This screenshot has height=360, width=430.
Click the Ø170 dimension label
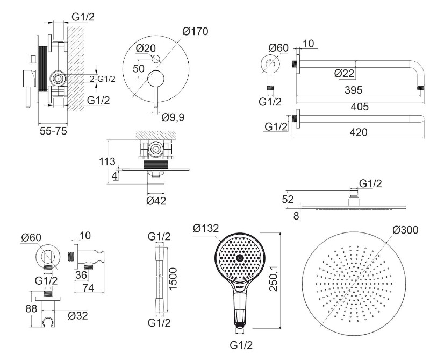point(195,31)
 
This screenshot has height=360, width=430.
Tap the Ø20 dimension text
point(146,48)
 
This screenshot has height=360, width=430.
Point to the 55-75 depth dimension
point(53,131)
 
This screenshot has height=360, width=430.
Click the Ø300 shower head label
point(405,230)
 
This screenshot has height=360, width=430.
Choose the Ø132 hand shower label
point(206,229)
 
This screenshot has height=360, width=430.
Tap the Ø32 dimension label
point(78,315)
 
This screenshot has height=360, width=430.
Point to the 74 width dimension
point(89,288)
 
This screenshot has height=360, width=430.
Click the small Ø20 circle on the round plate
point(156,58)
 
